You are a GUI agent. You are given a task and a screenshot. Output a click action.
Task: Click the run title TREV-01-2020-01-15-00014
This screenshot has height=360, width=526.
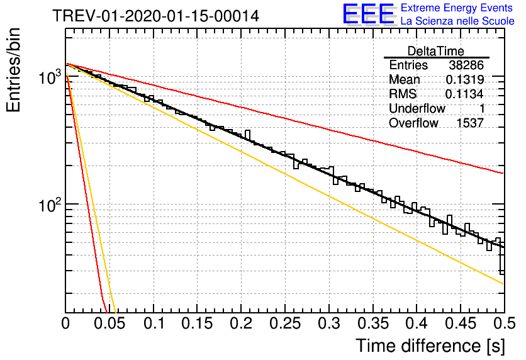tap(155, 16)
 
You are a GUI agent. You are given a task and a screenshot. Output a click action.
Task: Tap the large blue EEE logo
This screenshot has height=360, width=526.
tap(369, 14)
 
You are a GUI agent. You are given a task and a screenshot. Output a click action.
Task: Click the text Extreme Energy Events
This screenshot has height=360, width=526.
tap(457, 8)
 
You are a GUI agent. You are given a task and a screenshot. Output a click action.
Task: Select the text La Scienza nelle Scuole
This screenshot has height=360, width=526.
tap(457, 21)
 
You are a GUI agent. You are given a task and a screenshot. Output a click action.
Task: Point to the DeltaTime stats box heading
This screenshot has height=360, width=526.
tap(436, 51)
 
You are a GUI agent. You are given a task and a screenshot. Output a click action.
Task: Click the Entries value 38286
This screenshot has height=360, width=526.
tap(466, 65)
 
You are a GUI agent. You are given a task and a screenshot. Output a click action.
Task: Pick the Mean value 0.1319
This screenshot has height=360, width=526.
tap(465, 79)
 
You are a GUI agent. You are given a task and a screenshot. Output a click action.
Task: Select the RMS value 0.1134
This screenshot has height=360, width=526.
tap(464, 94)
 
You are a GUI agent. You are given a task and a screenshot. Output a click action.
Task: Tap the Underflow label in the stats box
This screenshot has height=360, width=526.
tap(417, 108)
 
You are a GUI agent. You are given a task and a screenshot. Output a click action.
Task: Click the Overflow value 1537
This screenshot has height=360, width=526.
tap(470, 123)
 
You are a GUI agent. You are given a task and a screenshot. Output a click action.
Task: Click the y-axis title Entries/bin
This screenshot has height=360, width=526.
tap(13, 70)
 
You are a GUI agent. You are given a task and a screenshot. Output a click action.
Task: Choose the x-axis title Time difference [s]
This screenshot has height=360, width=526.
tap(430, 346)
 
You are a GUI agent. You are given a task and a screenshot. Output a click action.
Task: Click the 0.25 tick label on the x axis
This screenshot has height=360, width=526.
tap(285, 323)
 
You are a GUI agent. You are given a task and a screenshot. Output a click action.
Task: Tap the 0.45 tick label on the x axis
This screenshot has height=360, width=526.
tap(461, 323)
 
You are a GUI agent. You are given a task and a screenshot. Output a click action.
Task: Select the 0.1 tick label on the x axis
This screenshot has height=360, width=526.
tap(154, 323)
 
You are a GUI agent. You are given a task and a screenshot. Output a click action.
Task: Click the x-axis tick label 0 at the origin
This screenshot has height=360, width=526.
tap(65, 323)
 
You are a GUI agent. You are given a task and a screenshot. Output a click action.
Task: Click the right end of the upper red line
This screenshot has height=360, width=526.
tap(503, 174)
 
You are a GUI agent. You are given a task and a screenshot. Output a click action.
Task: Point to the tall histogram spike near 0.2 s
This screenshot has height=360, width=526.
tap(247, 136)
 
